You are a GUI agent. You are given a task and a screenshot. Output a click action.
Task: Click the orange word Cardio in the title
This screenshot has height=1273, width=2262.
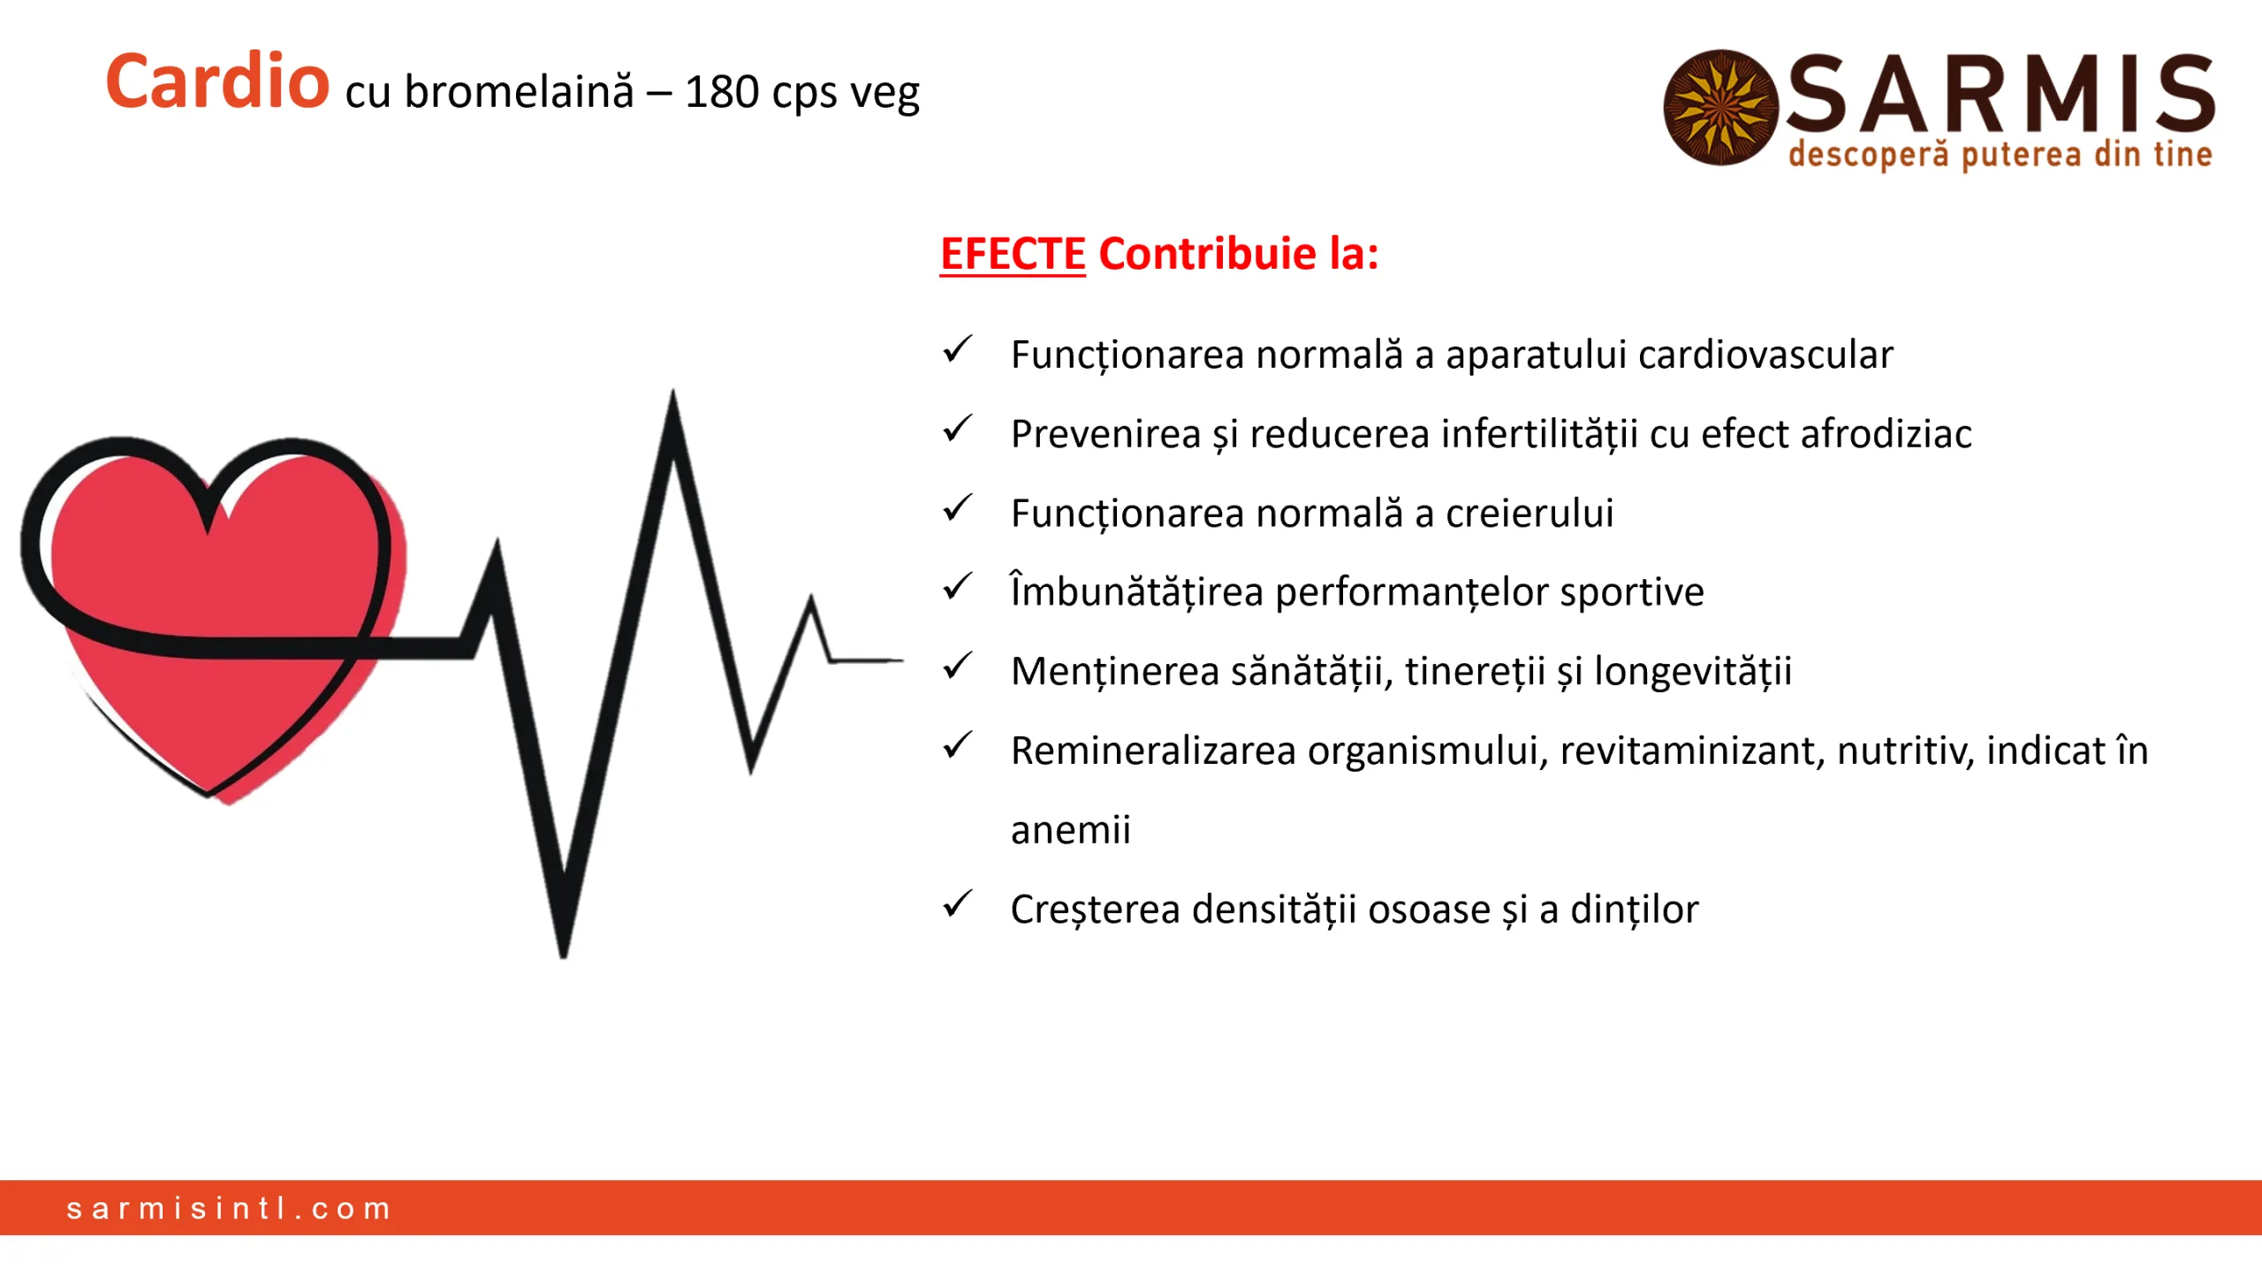217,82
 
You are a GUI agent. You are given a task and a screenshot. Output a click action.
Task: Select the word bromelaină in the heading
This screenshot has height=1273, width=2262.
519,92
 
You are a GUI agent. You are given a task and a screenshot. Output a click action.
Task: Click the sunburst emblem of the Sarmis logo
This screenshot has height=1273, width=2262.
1719,108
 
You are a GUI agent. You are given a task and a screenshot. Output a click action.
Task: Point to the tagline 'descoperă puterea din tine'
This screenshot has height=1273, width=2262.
2000,155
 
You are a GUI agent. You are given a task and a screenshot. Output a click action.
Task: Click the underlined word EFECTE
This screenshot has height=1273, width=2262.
1012,255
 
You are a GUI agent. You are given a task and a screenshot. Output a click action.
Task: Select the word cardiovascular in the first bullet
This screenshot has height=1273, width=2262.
1765,355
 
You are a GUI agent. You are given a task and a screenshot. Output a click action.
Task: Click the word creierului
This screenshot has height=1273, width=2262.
1529,514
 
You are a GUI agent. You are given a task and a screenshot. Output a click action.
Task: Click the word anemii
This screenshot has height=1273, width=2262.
1070,830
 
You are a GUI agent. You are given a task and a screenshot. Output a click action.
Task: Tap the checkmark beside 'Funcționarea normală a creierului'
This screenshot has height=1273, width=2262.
957,508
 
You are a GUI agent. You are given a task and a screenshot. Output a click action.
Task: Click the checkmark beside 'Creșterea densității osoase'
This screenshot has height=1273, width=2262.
957,904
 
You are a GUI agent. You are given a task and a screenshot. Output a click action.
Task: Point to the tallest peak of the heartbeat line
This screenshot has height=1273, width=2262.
672,398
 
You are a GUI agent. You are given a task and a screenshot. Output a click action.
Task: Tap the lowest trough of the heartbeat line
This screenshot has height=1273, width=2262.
564,950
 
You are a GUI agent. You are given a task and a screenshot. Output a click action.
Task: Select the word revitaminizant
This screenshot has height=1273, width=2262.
1691,751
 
